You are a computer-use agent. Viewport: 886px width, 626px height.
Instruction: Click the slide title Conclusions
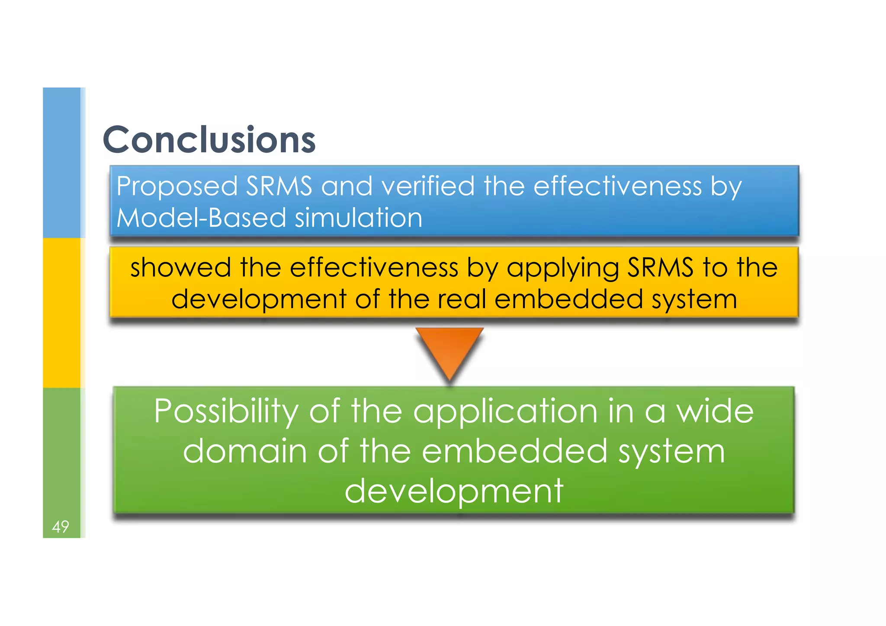coord(209,139)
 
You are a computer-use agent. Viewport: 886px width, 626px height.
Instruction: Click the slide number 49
coord(60,526)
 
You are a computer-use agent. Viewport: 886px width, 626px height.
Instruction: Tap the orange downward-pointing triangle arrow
coord(449,350)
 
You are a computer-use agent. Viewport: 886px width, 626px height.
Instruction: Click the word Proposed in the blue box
coord(177,186)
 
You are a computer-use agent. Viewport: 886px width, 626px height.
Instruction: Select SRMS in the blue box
coord(279,186)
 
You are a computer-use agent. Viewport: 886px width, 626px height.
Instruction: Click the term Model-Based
coord(201,218)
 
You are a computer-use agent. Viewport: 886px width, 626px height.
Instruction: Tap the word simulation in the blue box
coord(358,218)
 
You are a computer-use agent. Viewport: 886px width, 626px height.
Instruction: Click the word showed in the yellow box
coord(180,267)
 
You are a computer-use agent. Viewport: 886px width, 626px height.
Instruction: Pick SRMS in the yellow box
coord(660,267)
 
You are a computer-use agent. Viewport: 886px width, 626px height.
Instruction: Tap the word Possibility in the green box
coord(226,411)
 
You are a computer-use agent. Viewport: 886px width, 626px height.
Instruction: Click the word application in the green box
coord(505,411)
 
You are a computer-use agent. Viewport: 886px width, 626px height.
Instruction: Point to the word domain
coord(245,451)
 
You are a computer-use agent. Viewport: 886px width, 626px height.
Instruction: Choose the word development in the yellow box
coord(259,299)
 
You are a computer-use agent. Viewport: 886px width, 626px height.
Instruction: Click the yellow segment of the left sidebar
coord(61,312)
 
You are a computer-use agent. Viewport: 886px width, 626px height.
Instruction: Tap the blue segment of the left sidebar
coord(61,162)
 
